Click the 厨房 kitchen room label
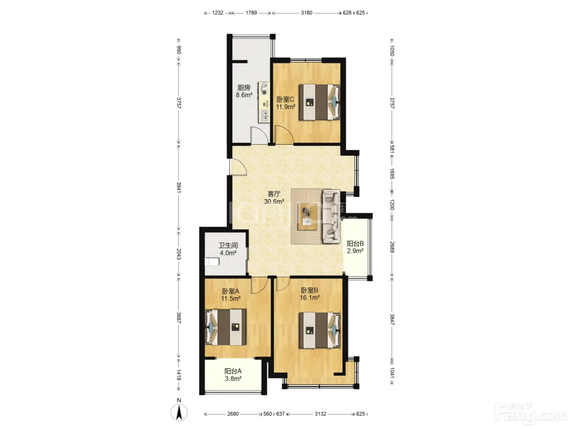coord(244,88)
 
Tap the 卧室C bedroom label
coord(285,99)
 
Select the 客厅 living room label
coord(274,194)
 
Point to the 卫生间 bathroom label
coord(228,245)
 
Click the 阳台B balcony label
coord(355,244)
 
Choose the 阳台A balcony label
coord(233,371)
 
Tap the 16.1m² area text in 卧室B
coord(310,297)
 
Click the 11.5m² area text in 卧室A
coord(230,298)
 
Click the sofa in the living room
coord(331,217)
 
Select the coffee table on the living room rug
coord(308,217)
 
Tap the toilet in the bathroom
coord(212,261)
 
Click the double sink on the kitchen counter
coord(264,116)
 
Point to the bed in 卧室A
coord(226,327)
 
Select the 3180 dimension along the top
coord(306,13)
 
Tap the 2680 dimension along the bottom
coord(233,414)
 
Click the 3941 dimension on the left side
coord(179,187)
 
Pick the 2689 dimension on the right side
coord(392,247)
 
